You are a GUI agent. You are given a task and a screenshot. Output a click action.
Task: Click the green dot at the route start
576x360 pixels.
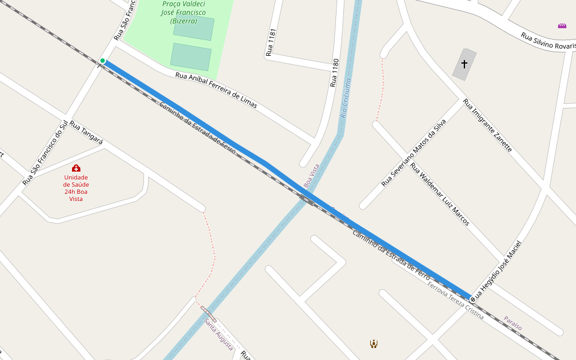click(103, 61)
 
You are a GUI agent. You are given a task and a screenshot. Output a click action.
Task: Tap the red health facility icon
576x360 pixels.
click(76, 168)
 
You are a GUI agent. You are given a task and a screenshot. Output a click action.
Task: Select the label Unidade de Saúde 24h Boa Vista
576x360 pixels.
click(76, 188)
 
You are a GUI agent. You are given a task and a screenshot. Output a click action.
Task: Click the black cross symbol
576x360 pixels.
click(464, 63)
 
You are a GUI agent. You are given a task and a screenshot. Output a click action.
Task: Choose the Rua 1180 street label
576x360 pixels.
click(335, 73)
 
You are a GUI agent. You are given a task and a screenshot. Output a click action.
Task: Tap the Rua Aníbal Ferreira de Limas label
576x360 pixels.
click(216, 91)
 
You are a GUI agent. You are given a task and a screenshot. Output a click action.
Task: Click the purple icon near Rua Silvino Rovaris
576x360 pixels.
click(562, 26)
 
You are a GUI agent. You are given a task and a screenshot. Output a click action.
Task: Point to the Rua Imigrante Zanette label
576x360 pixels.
click(488, 125)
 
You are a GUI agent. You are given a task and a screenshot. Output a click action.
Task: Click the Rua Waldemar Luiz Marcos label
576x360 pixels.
click(440, 194)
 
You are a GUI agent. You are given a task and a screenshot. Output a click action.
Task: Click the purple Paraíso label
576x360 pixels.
click(512, 323)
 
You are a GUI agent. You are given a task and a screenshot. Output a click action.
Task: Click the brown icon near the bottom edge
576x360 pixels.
click(374, 344)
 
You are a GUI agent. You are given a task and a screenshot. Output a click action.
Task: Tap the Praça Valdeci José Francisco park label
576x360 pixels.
click(184, 12)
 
